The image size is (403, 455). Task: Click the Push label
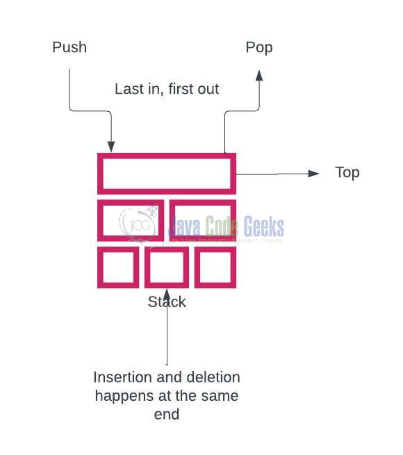pos(69,48)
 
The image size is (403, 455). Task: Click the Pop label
pos(259,48)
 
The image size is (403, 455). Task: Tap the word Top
pos(347,173)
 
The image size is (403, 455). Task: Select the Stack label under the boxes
pos(167,302)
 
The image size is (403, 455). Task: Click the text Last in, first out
pos(167,90)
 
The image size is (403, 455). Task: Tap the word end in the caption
pos(167,415)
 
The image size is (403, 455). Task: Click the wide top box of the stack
pos(166,173)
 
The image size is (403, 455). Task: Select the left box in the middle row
pos(131,220)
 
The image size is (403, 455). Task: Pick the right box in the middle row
pos(203,220)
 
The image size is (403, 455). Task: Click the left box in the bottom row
pos(118,267)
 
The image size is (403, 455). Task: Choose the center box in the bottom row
pos(167,267)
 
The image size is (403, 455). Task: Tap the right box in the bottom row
pos(215,267)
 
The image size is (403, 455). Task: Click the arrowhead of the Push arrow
pos(111,147)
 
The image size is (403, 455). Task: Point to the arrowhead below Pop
pos(259,74)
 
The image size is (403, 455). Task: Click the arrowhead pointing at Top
pos(313,173)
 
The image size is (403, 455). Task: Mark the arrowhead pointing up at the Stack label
pos(167,292)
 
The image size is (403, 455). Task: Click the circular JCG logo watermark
pos(139,224)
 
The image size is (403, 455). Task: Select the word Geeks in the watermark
pos(263,227)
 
